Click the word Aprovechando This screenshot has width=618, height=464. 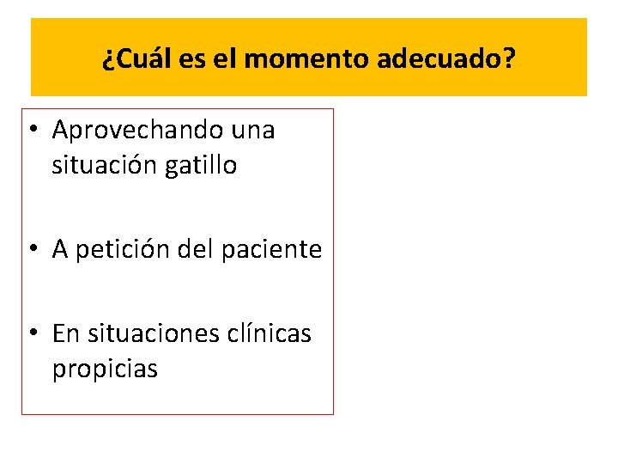pos(137,131)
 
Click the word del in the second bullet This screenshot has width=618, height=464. pos(197,249)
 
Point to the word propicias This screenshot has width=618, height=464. pos(105,369)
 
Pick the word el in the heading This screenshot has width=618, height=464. pos(219,60)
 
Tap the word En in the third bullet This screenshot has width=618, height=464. pos(65,333)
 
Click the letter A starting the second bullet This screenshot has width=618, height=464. pos(60,249)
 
